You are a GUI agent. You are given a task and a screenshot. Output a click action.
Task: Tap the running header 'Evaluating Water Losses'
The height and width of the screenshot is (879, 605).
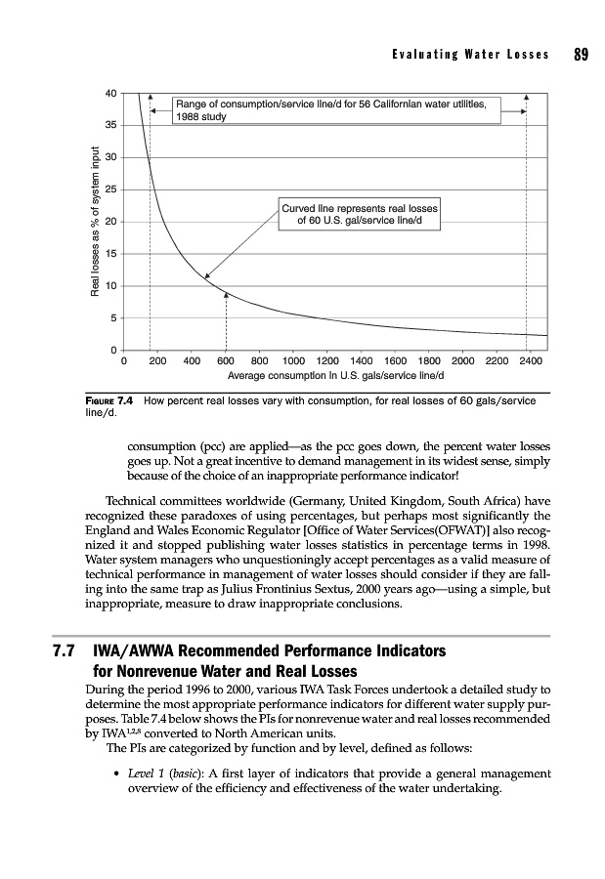click(468, 55)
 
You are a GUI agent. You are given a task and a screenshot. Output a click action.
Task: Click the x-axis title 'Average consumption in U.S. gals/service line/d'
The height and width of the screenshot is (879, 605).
click(335, 374)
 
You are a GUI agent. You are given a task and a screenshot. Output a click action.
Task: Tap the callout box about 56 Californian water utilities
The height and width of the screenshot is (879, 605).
click(336, 108)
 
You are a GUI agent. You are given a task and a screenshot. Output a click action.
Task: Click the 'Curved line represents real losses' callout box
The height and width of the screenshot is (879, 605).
click(360, 215)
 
